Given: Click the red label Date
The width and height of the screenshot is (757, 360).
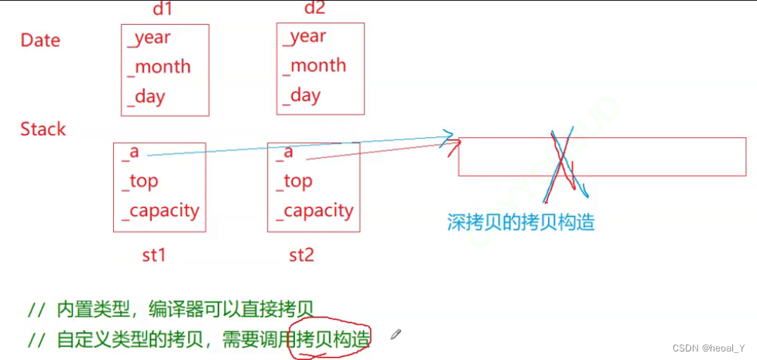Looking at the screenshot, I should (x=40, y=40).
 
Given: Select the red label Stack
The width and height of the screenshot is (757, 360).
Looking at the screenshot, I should (x=43, y=129).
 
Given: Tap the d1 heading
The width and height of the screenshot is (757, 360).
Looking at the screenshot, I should (x=164, y=10).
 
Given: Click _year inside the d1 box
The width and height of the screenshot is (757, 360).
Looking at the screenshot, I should (x=149, y=37).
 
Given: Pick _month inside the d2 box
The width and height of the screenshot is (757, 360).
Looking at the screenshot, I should (x=314, y=66).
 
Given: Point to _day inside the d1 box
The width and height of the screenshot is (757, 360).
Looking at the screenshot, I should (x=147, y=97).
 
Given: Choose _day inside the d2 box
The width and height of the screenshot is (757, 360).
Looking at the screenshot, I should (x=302, y=96).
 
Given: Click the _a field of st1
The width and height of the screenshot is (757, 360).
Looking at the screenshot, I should (x=130, y=152).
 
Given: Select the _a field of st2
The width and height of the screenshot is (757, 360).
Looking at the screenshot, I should (x=284, y=152).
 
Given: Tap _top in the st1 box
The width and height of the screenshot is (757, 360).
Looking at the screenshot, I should (x=140, y=181).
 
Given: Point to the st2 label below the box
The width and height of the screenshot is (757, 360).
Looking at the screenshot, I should (x=301, y=254).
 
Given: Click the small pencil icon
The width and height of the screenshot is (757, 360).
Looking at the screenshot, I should (x=396, y=334).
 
